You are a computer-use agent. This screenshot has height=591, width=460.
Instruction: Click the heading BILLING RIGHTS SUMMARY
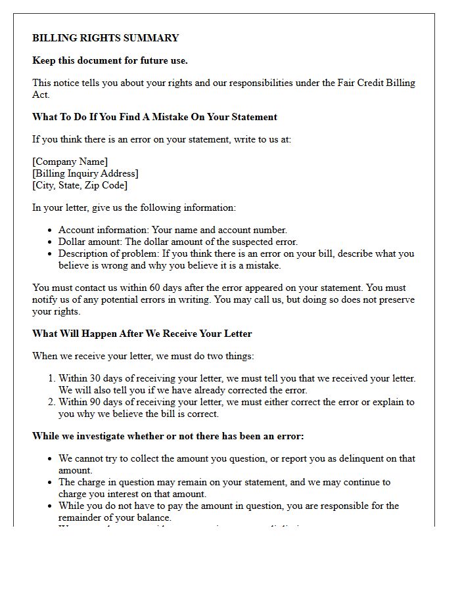[105, 38]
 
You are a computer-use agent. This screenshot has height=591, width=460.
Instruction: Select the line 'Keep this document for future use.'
[110, 60]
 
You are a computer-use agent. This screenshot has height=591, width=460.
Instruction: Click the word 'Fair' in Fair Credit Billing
[348, 83]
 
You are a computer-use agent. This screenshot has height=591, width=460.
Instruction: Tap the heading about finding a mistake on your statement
[154, 117]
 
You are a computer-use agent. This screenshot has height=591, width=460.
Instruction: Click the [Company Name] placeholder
[70, 162]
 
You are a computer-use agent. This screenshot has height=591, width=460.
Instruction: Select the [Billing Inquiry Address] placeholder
[85, 173]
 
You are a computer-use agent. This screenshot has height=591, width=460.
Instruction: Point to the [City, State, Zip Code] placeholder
[80, 185]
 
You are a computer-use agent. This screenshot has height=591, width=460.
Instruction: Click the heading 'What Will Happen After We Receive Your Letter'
[142, 334]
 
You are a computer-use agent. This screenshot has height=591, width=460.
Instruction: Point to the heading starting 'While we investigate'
[168, 436]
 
